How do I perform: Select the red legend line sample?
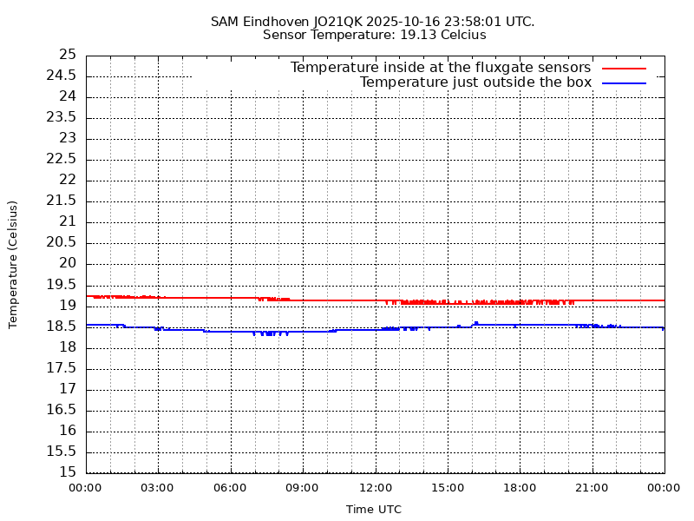pyautogui.click(x=625, y=68)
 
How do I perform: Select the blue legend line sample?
pyautogui.click(x=625, y=82)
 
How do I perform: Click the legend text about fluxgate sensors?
pyautogui.click(x=440, y=68)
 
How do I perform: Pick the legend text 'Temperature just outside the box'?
pyautogui.click(x=475, y=82)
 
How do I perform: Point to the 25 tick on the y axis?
pyautogui.click(x=68, y=55)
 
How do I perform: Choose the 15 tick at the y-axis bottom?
pyautogui.click(x=68, y=472)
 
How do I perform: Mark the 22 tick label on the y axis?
pyautogui.click(x=68, y=180)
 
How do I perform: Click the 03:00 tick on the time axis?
pyautogui.click(x=157, y=488)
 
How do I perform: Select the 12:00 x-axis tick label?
pyautogui.click(x=375, y=488)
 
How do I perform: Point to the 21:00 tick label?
pyautogui.click(x=592, y=488)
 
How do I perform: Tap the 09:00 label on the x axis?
pyautogui.click(x=302, y=488)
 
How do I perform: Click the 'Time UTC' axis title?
pyautogui.click(x=374, y=510)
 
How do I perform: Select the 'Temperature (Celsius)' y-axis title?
pyautogui.click(x=13, y=264)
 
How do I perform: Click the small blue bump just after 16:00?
pyautogui.click(x=476, y=323)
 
